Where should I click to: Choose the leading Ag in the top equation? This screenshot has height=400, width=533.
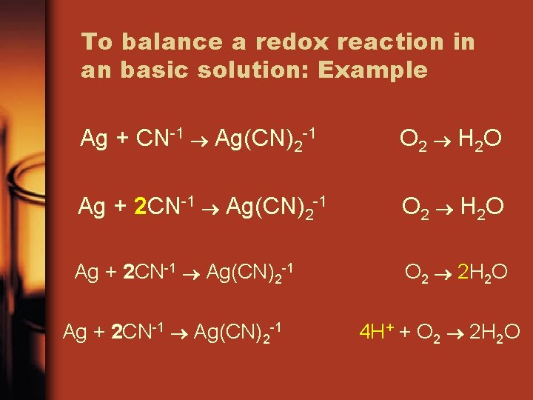coord(94,139)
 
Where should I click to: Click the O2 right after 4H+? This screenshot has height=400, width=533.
coord(428,333)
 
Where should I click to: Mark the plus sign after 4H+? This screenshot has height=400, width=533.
coord(405,332)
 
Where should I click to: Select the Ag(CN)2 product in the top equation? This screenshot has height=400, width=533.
coord(251,139)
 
